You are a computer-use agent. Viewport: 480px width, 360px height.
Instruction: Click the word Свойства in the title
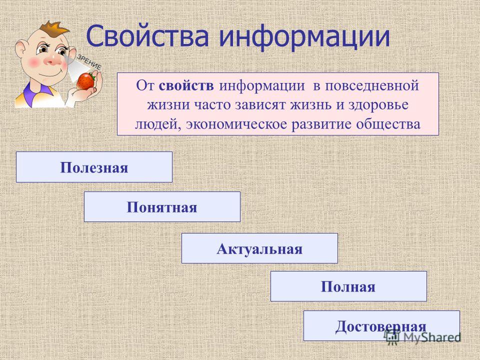click(147, 36)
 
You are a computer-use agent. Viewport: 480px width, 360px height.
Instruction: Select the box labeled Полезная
click(94, 167)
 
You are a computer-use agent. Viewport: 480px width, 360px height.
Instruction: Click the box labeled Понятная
click(162, 206)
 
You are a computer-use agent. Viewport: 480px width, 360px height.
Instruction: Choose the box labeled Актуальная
click(259, 248)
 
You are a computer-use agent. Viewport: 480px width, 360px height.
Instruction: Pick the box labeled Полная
click(348, 286)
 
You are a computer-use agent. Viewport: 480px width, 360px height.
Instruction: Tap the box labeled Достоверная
click(381, 325)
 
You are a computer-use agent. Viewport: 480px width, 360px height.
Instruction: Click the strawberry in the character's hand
click(85, 80)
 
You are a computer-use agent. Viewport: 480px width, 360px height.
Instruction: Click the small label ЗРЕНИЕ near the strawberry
click(89, 62)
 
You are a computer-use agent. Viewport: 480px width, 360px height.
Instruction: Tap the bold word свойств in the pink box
click(186, 85)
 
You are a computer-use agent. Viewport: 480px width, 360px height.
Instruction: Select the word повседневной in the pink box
click(371, 86)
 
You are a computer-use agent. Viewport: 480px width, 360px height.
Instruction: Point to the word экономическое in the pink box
click(236, 124)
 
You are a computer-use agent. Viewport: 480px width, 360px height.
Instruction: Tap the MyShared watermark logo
click(422, 337)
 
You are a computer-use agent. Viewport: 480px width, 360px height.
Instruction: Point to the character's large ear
click(21, 50)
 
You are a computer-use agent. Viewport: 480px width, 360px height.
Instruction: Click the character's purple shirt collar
click(33, 93)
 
